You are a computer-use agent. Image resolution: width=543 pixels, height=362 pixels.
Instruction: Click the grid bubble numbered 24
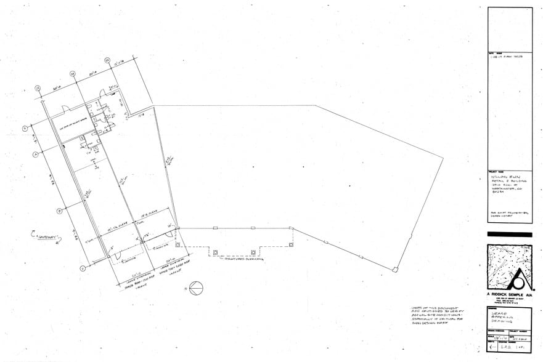pyautogui.click(x=72, y=74)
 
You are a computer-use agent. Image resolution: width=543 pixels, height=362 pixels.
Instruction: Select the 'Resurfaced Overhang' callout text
pyautogui.click(x=243, y=259)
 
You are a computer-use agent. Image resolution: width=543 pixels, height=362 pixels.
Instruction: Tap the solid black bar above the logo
pyautogui.click(x=509, y=235)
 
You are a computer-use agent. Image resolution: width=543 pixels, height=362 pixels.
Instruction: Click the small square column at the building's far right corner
pyautogui.click(x=395, y=269)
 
